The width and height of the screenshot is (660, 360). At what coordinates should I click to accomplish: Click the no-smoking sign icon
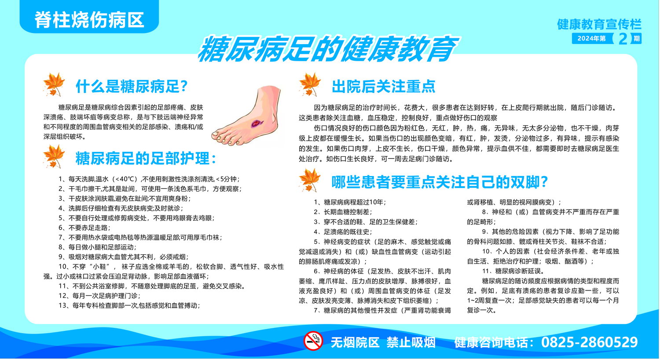313,341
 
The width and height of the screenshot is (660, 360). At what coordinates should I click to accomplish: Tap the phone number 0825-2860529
589,342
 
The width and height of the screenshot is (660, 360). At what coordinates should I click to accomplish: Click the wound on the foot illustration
257,123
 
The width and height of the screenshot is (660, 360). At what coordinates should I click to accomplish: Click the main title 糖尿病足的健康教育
328,48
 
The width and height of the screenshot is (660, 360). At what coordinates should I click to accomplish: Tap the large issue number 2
623,39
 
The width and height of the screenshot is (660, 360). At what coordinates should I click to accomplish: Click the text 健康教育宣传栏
599,24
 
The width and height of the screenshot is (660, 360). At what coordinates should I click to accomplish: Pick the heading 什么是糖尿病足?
132,86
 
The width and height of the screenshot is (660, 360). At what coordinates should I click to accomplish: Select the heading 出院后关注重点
384,86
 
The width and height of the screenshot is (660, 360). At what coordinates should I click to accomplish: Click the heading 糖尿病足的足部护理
146,158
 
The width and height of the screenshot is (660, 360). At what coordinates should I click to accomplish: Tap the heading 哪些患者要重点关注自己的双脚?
440,182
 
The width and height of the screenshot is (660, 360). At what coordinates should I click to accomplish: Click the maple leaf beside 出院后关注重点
309,84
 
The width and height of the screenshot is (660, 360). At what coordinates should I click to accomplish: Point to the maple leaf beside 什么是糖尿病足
54,84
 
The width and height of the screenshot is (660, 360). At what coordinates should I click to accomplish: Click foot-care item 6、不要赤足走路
84,228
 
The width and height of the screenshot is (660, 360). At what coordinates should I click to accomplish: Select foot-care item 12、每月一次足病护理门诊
99,296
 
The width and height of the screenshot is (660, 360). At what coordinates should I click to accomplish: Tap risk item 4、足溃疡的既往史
343,232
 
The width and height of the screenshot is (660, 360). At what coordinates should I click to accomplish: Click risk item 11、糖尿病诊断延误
513,271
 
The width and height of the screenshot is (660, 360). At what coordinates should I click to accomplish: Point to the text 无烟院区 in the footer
355,343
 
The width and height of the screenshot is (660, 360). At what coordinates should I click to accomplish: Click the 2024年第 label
591,39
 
